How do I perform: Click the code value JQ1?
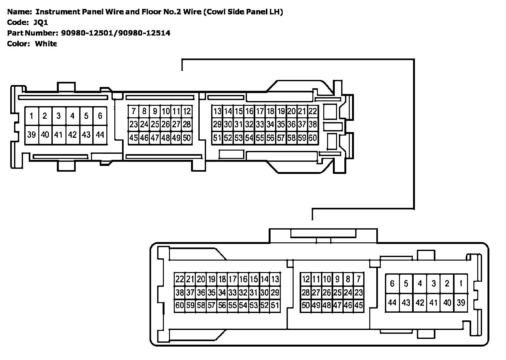[x=41, y=22]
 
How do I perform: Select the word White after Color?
[x=46, y=43]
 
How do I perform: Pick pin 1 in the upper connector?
[x=31, y=116]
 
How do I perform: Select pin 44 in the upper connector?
[x=100, y=135]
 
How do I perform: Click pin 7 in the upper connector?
[x=134, y=111]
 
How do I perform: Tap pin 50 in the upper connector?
[x=187, y=138]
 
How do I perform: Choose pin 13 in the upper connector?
[x=217, y=111]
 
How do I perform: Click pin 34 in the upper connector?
[x=270, y=124]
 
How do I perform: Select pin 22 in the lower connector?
[x=180, y=279]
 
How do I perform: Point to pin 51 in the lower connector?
[x=275, y=306]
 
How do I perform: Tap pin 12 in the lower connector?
[x=306, y=279]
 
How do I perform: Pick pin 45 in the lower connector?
[x=359, y=306]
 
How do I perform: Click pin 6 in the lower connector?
[x=392, y=283]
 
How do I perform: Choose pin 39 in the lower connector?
[x=461, y=302]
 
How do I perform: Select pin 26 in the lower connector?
[x=327, y=293]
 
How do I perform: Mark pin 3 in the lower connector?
[x=433, y=283]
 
